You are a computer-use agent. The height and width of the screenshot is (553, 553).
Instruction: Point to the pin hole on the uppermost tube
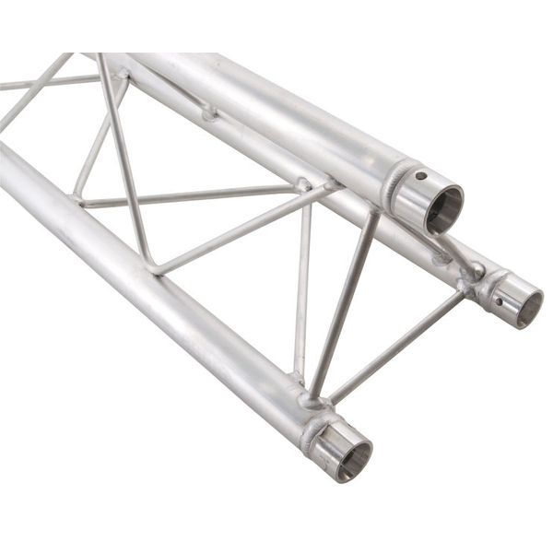pyautogui.click(x=420, y=175)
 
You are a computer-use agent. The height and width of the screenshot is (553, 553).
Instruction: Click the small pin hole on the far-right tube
pyautogui.click(x=499, y=300)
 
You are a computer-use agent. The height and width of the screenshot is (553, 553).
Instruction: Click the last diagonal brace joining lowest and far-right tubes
pyautogui.click(x=396, y=347)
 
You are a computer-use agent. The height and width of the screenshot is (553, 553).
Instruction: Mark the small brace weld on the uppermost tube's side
pyautogui.click(x=210, y=114)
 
